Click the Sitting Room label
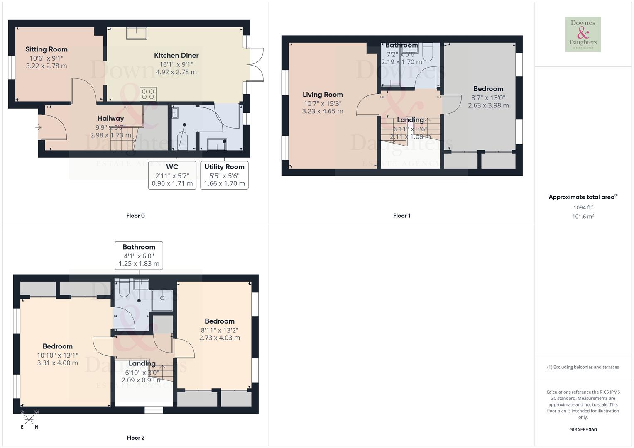point(47,49)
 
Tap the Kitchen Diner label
point(176,55)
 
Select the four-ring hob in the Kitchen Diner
point(148,94)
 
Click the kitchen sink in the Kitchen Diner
point(137,33)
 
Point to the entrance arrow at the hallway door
point(38,127)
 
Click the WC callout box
point(172,175)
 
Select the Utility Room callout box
point(224,175)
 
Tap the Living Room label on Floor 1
point(323,95)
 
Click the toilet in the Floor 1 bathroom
point(427,52)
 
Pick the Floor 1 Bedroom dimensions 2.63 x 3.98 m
point(488,105)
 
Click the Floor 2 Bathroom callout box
point(139,255)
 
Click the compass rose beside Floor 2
point(29,420)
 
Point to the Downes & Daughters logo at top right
point(583,34)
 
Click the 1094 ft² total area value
point(583,207)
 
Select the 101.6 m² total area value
point(583,217)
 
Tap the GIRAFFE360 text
point(583,430)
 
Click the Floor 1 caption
point(401,216)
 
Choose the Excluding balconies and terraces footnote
point(583,367)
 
